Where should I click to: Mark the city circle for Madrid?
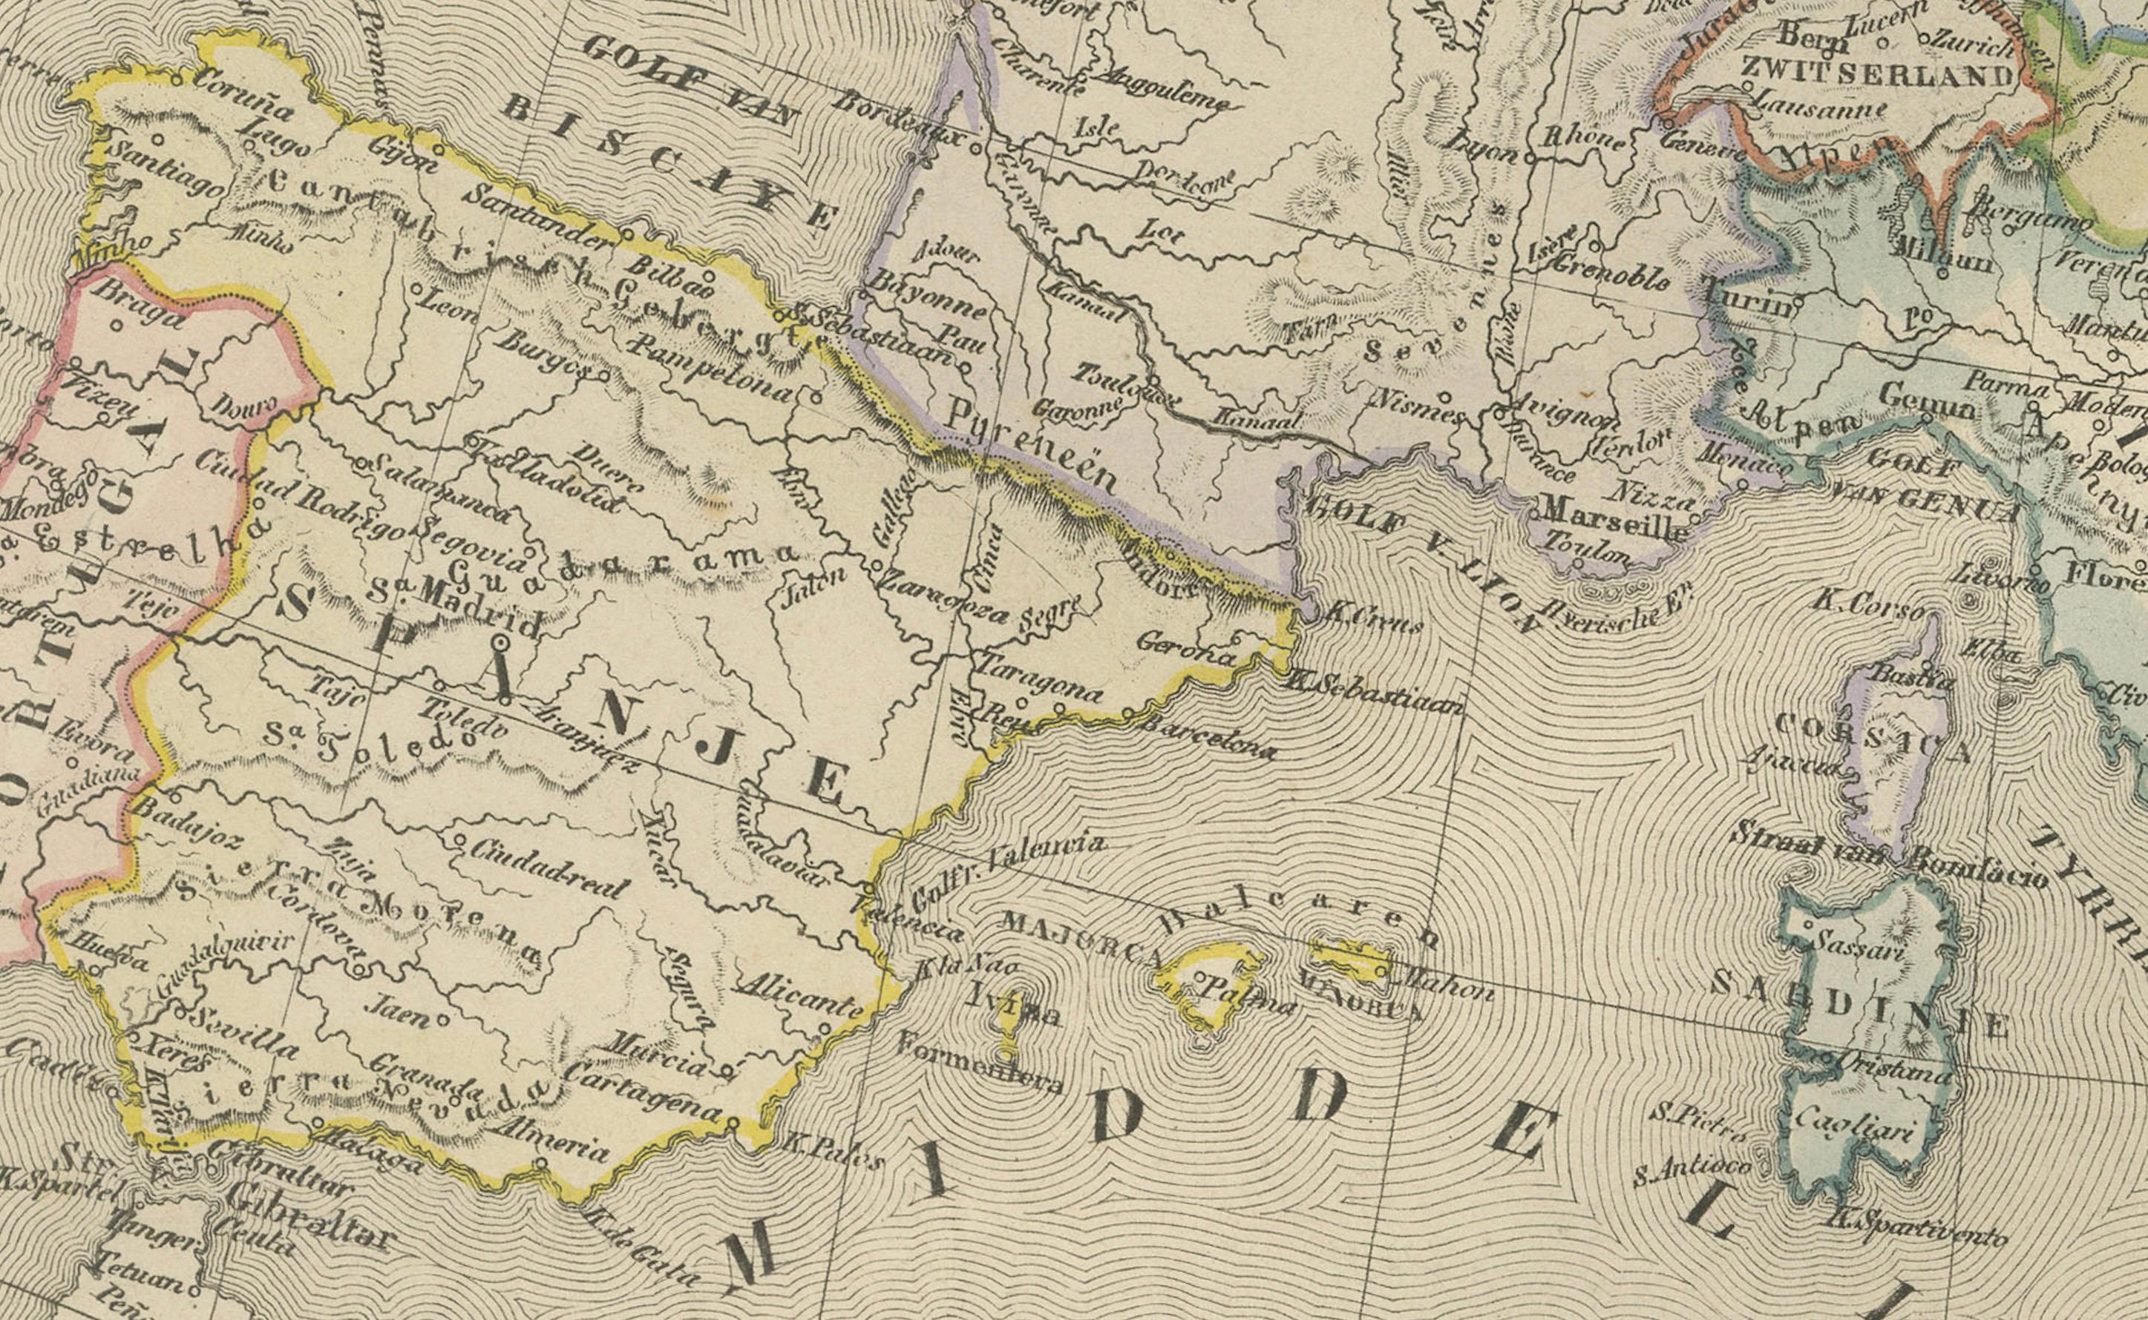coord(500,644)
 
